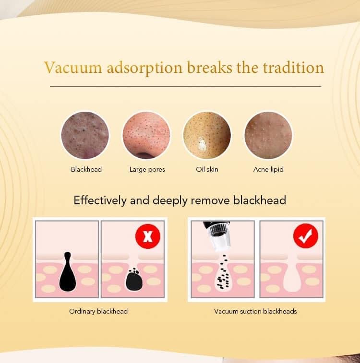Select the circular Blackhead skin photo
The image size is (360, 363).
(85, 135)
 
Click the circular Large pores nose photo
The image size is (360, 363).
(146, 135)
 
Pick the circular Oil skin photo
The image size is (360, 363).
(207, 135)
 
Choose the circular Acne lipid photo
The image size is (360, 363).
(268, 135)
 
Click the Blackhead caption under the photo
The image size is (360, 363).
(86, 169)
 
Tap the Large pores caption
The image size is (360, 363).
(147, 169)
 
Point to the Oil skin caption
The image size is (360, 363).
(207, 169)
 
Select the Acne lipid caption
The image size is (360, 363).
(268, 169)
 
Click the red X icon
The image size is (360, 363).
(148, 237)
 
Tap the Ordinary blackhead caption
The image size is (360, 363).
(98, 311)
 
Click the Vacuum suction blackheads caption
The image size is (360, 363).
(255, 311)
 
